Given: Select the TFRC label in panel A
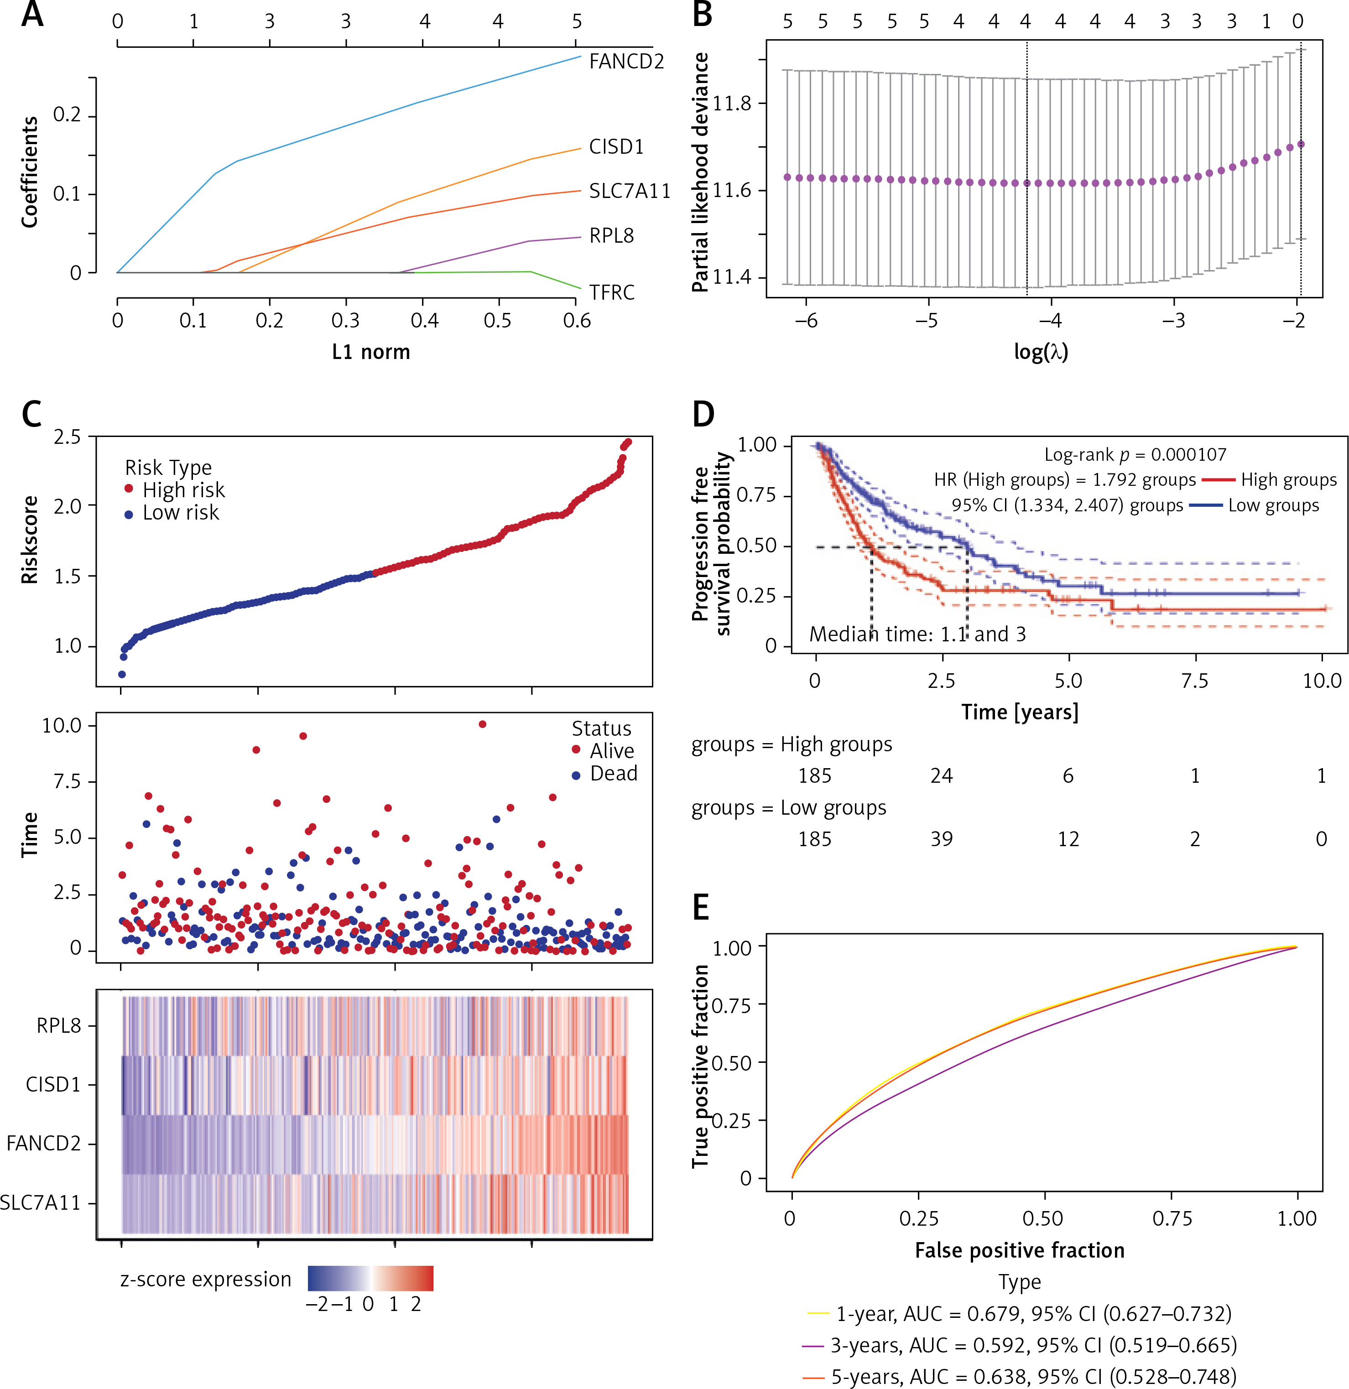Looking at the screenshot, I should click(x=612, y=292).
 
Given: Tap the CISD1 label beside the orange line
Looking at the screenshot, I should click(x=616, y=147).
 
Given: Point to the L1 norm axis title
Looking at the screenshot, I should click(x=371, y=352).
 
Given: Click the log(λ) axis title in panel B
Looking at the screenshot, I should click(x=1040, y=352).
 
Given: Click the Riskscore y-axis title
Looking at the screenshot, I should click(x=29, y=540).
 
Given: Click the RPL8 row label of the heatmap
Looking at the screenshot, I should click(x=59, y=1025).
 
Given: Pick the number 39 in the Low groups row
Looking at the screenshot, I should click(x=942, y=839).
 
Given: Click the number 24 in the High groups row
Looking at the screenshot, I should click(x=942, y=776).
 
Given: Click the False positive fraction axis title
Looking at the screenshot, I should click(x=1019, y=1250).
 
